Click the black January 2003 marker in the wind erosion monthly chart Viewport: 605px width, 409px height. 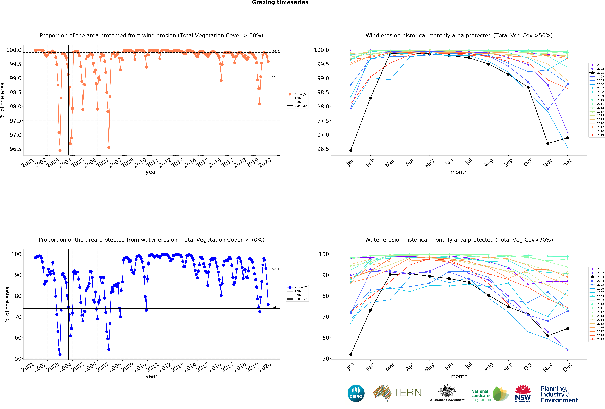pos(351,150)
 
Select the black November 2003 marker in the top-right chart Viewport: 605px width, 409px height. pos(548,144)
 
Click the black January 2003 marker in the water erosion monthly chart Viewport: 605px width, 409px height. pos(351,355)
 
